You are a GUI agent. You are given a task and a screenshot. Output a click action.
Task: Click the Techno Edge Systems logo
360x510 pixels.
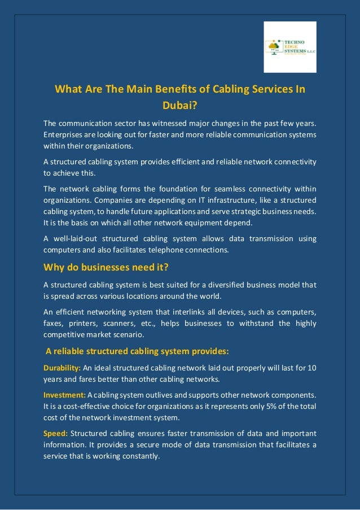pyautogui.click(x=290, y=47)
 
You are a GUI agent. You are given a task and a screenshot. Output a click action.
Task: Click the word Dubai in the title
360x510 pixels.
pyautogui.click(x=179, y=104)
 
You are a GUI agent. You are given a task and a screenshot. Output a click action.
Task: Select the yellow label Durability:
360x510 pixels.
pyautogui.click(x=62, y=368)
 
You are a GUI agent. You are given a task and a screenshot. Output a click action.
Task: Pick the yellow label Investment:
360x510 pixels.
pyautogui.click(x=64, y=395)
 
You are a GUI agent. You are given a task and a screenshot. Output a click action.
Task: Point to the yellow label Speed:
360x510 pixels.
pyautogui.click(x=55, y=433)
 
